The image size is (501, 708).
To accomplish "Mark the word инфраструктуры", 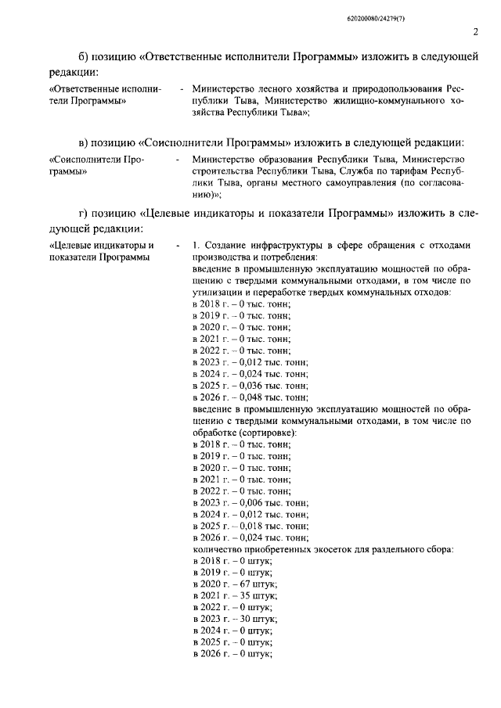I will [x=283, y=245].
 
